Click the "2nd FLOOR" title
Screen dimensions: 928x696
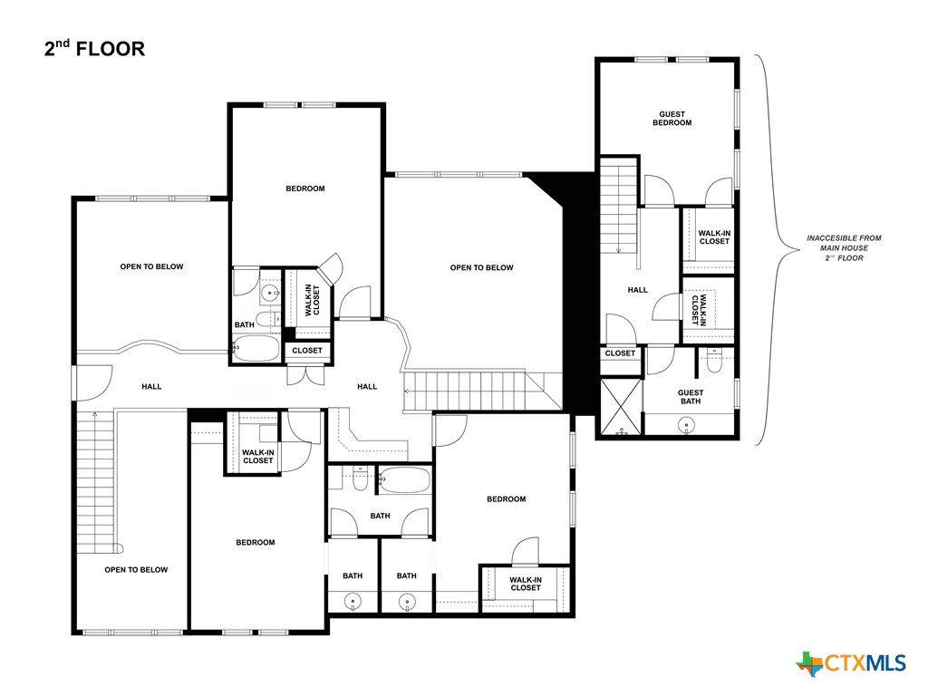click(94, 48)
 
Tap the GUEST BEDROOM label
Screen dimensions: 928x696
click(672, 119)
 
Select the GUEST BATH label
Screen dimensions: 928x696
click(690, 397)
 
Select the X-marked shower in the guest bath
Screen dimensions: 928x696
click(621, 407)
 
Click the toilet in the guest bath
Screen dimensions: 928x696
click(714, 361)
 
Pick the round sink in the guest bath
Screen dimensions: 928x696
click(687, 424)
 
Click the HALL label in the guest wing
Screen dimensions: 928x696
click(637, 290)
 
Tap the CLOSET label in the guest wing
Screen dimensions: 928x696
click(620, 353)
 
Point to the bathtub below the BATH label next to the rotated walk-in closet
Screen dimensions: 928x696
click(256, 349)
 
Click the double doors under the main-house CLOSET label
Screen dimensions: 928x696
click(306, 376)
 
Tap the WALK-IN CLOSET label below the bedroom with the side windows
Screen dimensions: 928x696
click(525, 585)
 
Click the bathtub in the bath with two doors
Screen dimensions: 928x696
click(404, 480)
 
